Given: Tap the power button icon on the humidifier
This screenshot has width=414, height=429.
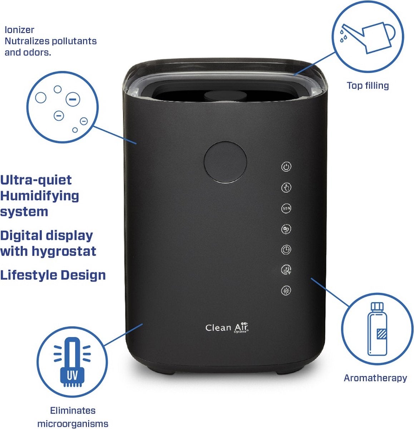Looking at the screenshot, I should click(286, 167).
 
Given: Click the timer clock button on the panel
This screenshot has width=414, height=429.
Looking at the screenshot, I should click(286, 250).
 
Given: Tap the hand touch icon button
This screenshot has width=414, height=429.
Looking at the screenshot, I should click(286, 187).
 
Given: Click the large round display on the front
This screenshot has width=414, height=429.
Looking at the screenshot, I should click(225, 162).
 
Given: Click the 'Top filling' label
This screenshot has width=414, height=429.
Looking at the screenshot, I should click(368, 85).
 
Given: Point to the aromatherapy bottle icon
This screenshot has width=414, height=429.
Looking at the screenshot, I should click(377, 329).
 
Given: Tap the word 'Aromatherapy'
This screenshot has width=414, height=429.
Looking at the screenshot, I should click(375, 378).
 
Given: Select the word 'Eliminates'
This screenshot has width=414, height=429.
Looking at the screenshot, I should click(73, 410).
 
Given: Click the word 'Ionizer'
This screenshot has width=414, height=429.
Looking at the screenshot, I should click(19, 30).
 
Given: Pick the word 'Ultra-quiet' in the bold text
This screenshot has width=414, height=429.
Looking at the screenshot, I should click(36, 180).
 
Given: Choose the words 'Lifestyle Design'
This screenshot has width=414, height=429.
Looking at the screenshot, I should click(53, 275).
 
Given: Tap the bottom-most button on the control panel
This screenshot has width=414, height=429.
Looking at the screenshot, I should click(286, 291).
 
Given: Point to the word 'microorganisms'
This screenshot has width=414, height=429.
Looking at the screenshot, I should click(73, 424).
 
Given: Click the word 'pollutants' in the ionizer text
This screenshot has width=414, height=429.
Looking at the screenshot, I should click(74, 41).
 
